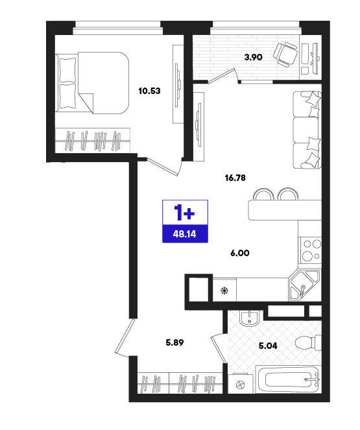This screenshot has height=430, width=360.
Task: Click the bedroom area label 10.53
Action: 149,91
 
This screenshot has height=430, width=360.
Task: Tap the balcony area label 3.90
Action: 254,57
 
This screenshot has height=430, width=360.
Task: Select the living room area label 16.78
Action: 235,178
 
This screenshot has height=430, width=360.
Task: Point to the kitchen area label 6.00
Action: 240,253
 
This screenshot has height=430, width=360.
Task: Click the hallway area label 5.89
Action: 174,342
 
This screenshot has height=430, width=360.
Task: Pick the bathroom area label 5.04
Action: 268,346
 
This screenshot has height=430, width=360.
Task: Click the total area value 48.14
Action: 184,234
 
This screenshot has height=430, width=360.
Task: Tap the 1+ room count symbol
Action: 184,212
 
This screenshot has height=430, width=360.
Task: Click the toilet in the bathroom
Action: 308,342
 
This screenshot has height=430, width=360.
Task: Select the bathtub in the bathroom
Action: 288,379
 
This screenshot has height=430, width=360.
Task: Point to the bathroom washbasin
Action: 249,317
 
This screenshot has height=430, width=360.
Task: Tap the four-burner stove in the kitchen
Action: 311,250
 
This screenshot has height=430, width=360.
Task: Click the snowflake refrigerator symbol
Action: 225,290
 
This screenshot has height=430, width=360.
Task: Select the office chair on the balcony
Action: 285,54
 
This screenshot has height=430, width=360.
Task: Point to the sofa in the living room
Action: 307,130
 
